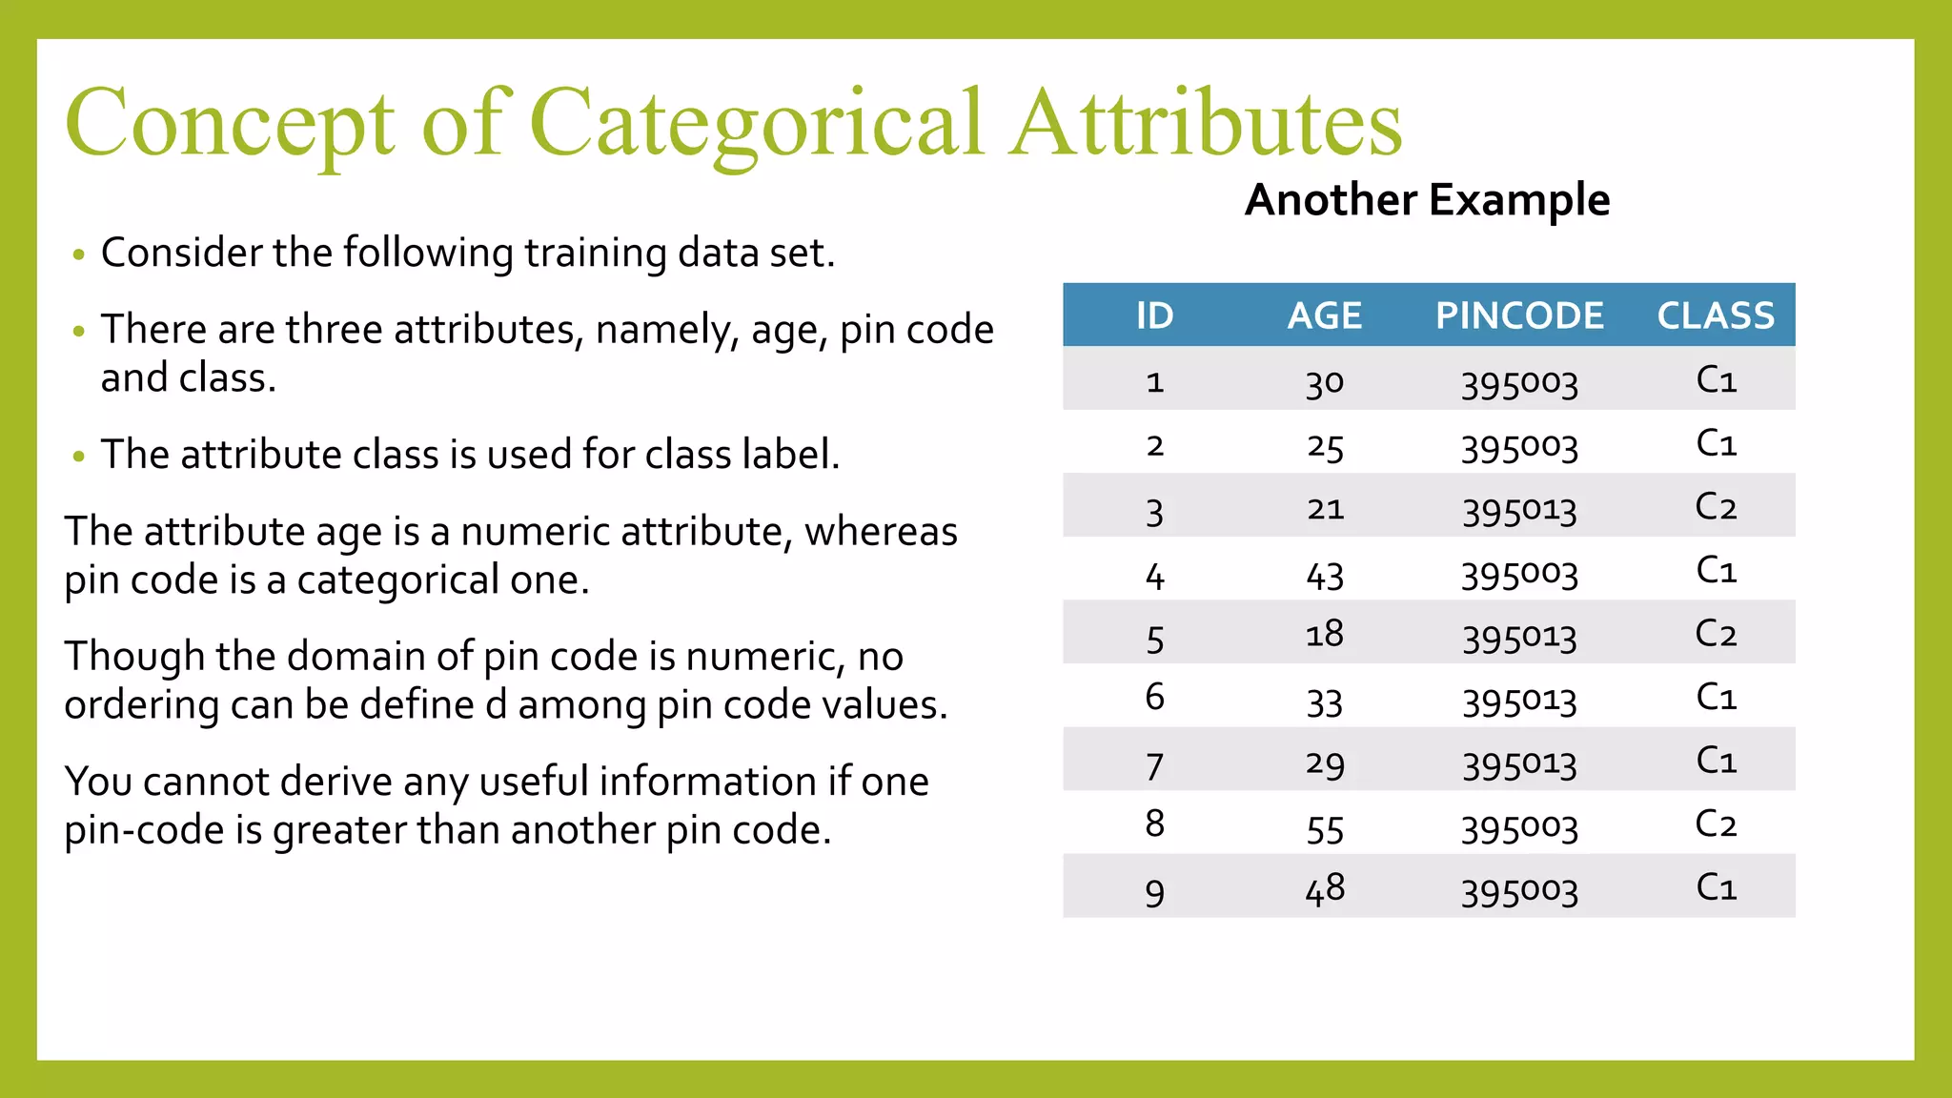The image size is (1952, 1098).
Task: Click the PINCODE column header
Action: pyautogui.click(x=1519, y=315)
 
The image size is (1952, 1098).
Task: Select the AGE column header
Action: pyautogui.click(x=1324, y=315)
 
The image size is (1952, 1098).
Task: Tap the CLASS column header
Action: pyautogui.click(x=1716, y=315)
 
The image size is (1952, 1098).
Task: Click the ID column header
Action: pyautogui.click(x=1154, y=315)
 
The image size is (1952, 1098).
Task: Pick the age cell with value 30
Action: pyautogui.click(x=1324, y=382)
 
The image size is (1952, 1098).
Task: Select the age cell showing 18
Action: pyautogui.click(x=1324, y=634)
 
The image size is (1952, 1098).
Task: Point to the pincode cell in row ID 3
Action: pyautogui.click(x=1519, y=510)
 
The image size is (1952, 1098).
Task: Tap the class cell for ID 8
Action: pyautogui.click(x=1716, y=823)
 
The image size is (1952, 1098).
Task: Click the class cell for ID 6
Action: pyautogui.click(x=1716, y=697)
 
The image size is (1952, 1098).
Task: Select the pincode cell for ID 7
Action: pyautogui.click(x=1519, y=763)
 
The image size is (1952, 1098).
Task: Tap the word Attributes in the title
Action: pyautogui.click(x=1206, y=124)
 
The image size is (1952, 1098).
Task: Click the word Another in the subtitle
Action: pyautogui.click(x=1331, y=200)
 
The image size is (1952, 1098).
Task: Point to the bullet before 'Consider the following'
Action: pyautogui.click(x=79, y=254)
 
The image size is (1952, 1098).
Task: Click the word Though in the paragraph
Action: pyautogui.click(x=134, y=656)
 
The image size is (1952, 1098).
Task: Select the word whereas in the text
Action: pyautogui.click(x=881, y=531)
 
